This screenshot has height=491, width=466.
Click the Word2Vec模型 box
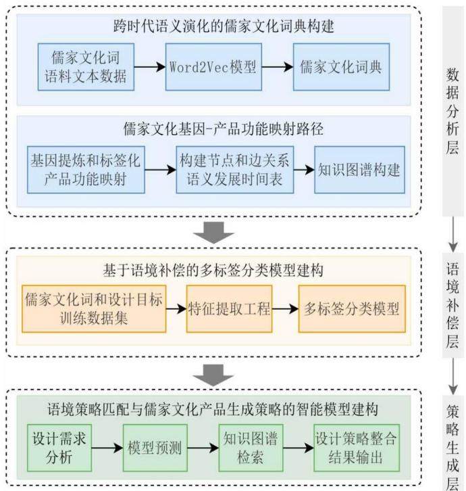pyautogui.click(x=213, y=67)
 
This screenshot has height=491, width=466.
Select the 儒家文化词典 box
pyautogui.click(x=341, y=67)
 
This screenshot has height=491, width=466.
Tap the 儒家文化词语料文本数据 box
pyautogui.click(x=86, y=67)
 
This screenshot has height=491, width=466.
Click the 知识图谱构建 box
pyautogui.click(x=360, y=170)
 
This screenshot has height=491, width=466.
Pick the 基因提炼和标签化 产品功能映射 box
pyautogui.click(x=86, y=170)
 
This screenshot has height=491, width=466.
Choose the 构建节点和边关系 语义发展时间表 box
pyautogui.click(x=235, y=170)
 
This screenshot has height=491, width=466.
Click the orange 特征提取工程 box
pyautogui.click(x=229, y=309)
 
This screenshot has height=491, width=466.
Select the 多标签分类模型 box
pyautogui.click(x=352, y=309)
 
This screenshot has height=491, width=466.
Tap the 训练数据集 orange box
pyautogui.click(x=94, y=309)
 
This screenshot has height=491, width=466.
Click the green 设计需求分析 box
pyautogui.click(x=59, y=448)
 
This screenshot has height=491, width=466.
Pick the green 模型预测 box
pyautogui.click(x=155, y=448)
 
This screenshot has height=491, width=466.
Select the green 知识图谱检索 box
pyautogui.click(x=251, y=448)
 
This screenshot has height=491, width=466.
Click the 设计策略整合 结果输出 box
pyautogui.click(x=357, y=448)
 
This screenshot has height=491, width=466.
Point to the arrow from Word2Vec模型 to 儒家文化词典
pyautogui.click(x=278, y=67)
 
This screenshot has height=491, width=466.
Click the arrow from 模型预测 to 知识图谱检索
pyautogui.click(x=203, y=448)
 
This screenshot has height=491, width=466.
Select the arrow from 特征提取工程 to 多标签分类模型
pyautogui.click(x=285, y=309)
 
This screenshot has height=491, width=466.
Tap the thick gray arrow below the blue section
pyautogui.click(x=213, y=233)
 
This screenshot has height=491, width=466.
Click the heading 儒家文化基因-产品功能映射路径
pyautogui.click(x=224, y=129)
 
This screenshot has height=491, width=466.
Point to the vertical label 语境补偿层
pyautogui.click(x=452, y=305)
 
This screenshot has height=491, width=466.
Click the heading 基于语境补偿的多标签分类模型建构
pyautogui.click(x=213, y=271)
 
